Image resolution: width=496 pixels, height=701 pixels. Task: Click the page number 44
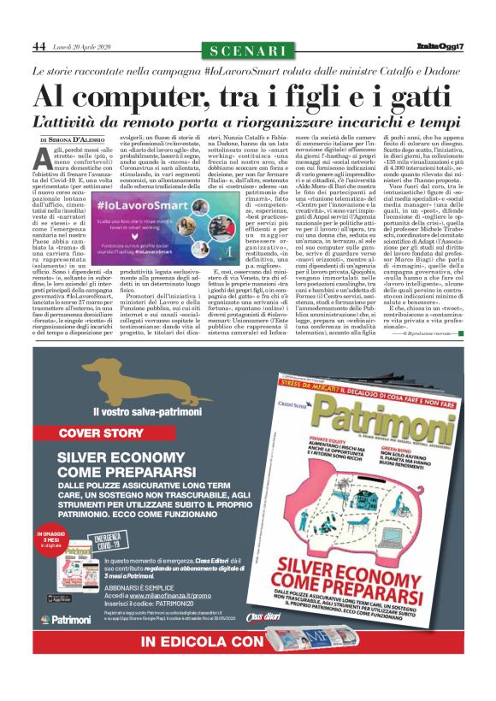39,46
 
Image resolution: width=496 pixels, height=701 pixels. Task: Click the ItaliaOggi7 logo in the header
441,47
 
